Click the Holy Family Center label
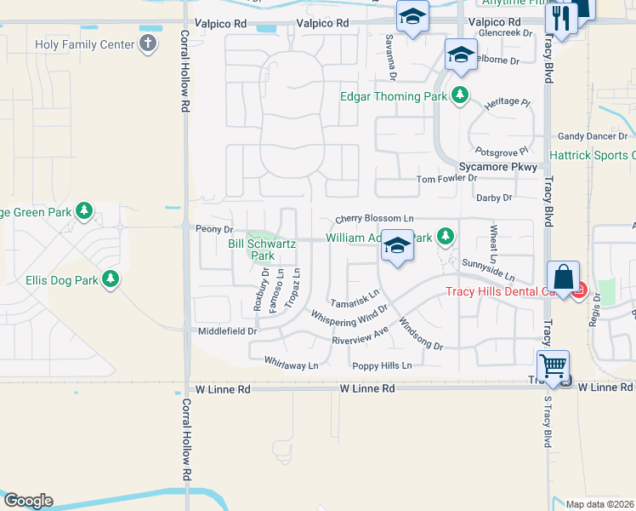click(85, 44)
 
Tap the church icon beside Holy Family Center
click(148, 43)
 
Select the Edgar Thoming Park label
click(394, 96)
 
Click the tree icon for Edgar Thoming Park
click(460, 95)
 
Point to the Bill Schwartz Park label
click(263, 250)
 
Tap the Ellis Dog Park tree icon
click(110, 278)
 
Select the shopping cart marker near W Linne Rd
click(554, 366)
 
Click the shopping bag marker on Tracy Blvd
click(563, 277)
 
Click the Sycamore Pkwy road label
click(497, 167)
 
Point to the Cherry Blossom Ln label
click(373, 219)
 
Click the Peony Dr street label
click(214, 229)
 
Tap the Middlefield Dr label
click(227, 330)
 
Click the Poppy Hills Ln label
click(382, 365)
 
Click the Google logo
click(28, 501)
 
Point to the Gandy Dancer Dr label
click(593, 136)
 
